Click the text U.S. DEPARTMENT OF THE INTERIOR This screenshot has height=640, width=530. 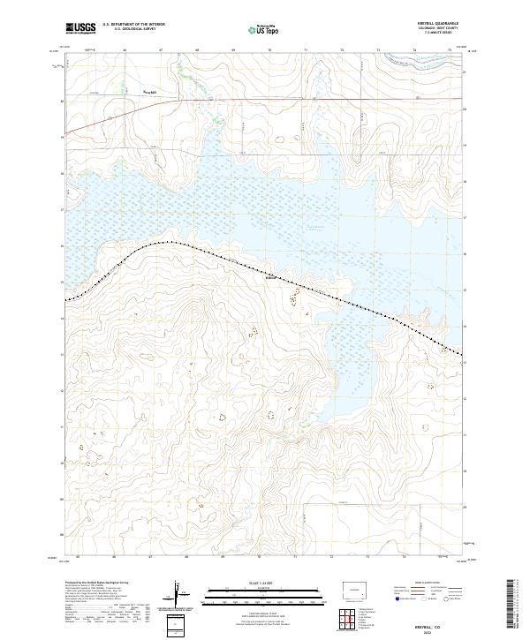(x=133, y=25)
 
